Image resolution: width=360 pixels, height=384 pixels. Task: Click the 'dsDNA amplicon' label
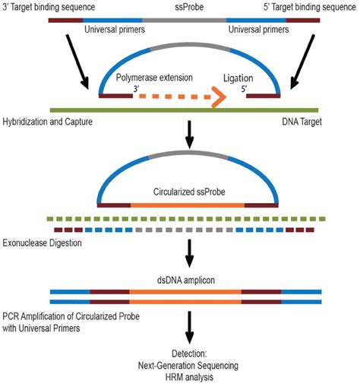pyautogui.click(x=180, y=279)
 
